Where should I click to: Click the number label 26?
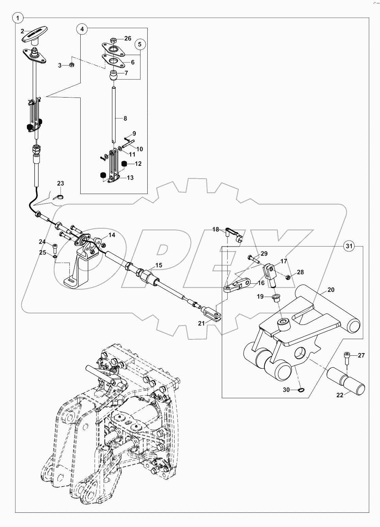click(127, 38)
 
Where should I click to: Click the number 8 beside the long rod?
click(125, 119)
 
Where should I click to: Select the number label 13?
click(130, 177)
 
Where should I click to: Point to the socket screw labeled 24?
click(55, 246)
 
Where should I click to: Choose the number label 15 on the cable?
click(159, 265)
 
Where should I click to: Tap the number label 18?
click(216, 229)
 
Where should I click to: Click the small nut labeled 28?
click(287, 277)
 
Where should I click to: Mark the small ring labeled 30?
click(301, 390)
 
